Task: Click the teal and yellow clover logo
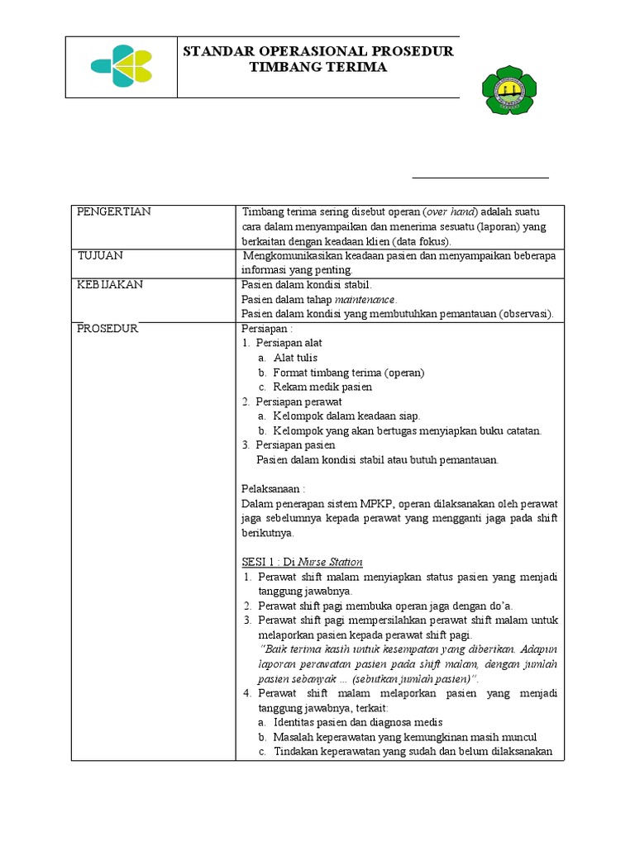[122, 66]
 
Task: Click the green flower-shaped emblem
[508, 90]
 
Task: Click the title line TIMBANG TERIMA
[318, 67]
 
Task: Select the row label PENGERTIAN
[114, 211]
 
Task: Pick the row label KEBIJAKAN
[110, 284]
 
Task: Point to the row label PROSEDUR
[107, 329]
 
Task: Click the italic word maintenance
[365, 299]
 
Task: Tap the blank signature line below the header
[480, 177]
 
